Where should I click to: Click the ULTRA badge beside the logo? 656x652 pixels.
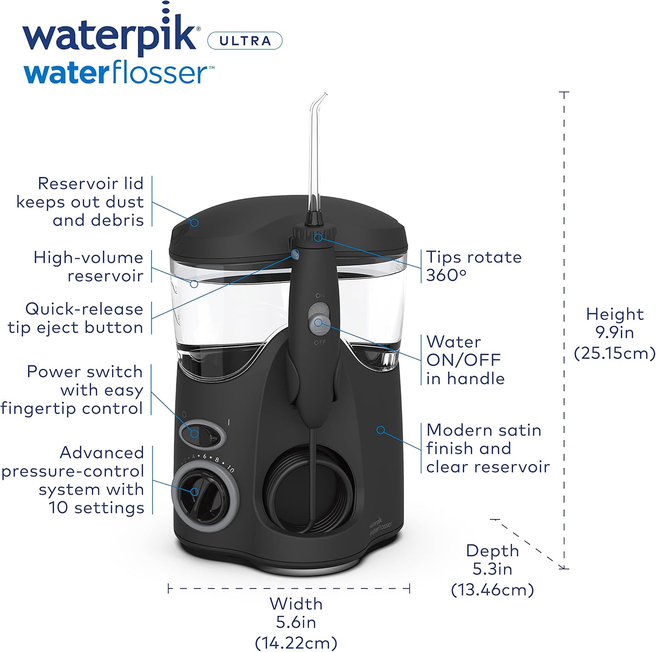244,41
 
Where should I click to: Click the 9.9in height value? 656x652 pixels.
614,333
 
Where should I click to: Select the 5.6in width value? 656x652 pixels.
296,622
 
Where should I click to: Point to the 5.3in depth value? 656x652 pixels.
492,569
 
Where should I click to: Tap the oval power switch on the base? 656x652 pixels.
202,433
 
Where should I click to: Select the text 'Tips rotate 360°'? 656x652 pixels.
474,266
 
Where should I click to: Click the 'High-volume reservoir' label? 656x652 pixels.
88,267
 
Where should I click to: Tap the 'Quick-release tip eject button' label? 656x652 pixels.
76,318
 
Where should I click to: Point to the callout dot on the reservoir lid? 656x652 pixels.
195,223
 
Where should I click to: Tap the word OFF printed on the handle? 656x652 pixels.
320,342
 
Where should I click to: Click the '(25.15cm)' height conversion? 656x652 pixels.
614,353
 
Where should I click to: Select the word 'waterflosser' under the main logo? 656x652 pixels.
119,73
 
